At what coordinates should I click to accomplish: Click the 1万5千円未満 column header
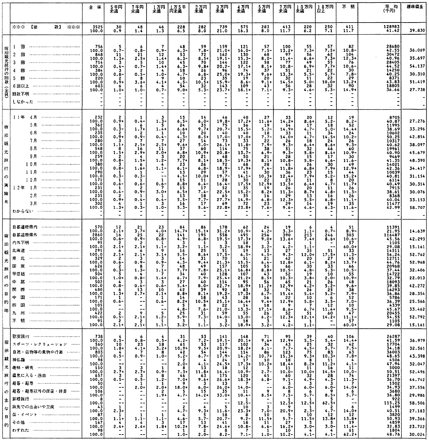176,10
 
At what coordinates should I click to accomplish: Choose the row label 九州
18,312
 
